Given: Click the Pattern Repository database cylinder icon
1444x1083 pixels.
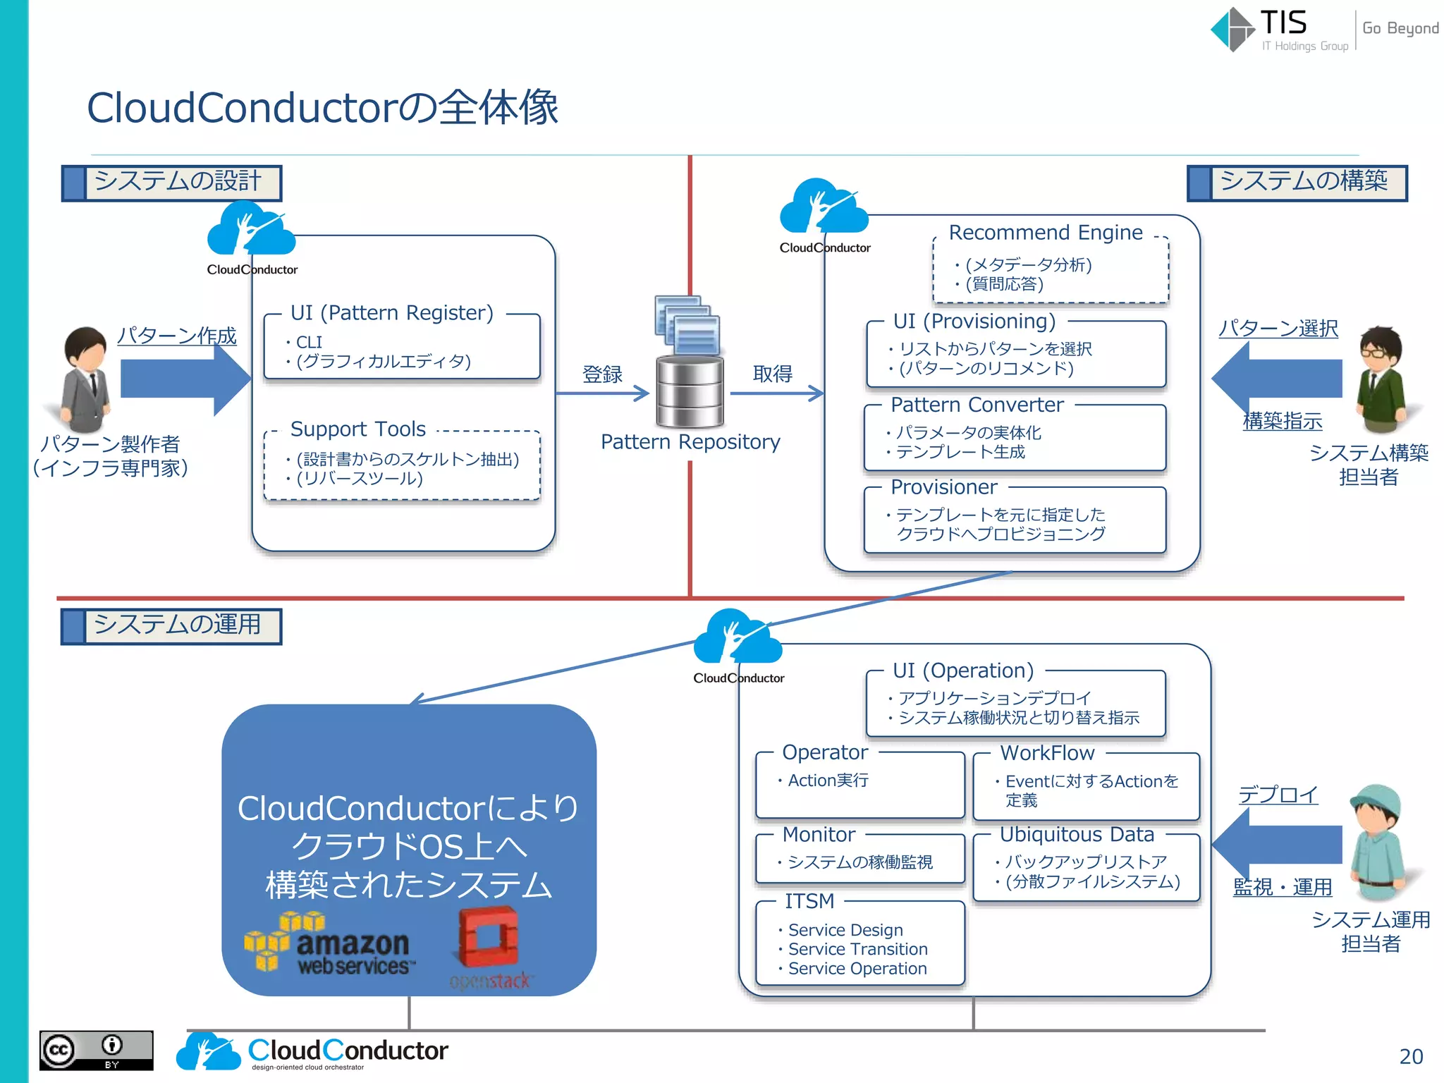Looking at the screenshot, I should pyautogui.click(x=690, y=391).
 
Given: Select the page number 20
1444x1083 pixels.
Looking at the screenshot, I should pyautogui.click(x=1411, y=1056).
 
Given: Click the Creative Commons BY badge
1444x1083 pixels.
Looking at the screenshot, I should pyautogui.click(x=96, y=1051).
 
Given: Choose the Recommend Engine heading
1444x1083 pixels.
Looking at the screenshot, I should pyautogui.click(x=1045, y=233).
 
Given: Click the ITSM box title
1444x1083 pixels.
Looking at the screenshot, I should pyautogui.click(x=809, y=901).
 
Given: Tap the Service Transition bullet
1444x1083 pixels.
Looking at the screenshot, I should pyautogui.click(x=857, y=949).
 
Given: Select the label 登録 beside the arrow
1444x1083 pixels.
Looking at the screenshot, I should pyautogui.click(x=602, y=374).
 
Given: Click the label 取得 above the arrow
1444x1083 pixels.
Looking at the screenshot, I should pyautogui.click(x=772, y=373).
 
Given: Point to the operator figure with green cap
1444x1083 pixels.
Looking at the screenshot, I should pyautogui.click(x=1376, y=843).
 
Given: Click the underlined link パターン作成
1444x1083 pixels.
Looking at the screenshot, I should pyautogui.click(x=177, y=336).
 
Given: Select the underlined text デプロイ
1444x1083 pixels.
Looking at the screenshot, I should pyautogui.click(x=1278, y=795).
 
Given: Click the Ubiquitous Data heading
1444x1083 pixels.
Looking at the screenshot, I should pyautogui.click(x=1077, y=835).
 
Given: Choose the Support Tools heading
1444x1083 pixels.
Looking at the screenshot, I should pyautogui.click(x=357, y=429).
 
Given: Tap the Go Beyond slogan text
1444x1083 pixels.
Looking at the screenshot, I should pyautogui.click(x=1400, y=28).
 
